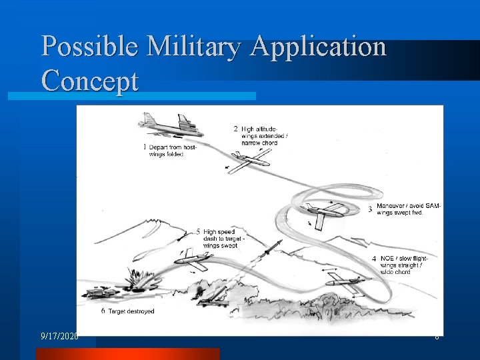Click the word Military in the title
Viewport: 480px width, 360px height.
pyautogui.click(x=197, y=47)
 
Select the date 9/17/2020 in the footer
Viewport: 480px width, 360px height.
pyautogui.click(x=59, y=336)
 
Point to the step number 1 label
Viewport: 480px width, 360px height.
pyautogui.click(x=145, y=147)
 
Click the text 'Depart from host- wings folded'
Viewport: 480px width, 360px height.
pyautogui.click(x=173, y=151)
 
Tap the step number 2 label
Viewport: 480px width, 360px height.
pyautogui.click(x=235, y=128)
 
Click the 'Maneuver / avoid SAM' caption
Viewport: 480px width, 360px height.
pyautogui.click(x=408, y=209)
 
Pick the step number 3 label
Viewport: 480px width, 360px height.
pyautogui.click(x=370, y=209)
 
